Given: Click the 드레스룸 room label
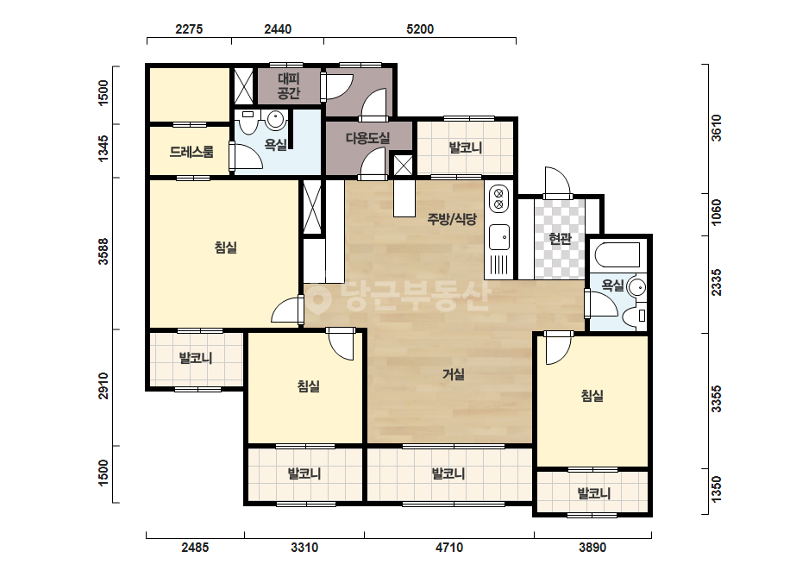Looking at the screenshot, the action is click(x=191, y=151).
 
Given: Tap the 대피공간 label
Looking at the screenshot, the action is click(x=289, y=86).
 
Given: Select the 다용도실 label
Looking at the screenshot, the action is click(x=367, y=138).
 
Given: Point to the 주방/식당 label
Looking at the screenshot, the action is click(x=452, y=219).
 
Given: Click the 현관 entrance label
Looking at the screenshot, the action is click(x=560, y=238).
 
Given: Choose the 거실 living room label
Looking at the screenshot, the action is click(x=454, y=374).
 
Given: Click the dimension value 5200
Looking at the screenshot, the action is click(x=420, y=29).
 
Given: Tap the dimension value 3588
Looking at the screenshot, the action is click(x=103, y=251).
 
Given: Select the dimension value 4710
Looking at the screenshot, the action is click(x=448, y=548).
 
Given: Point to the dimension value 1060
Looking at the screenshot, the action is click(x=716, y=212).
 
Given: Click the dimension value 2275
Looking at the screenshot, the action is click(x=189, y=29).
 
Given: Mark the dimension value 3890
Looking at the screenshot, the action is click(x=592, y=548).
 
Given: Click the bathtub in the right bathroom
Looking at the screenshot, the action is click(x=617, y=255).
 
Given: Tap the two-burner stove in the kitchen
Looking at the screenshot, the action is click(x=498, y=198).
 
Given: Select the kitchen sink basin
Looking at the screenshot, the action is click(x=499, y=237).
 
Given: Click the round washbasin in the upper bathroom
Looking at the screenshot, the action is click(x=274, y=121).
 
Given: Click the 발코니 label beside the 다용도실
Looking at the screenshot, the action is click(x=465, y=147).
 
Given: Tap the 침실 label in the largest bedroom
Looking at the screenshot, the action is click(x=226, y=248).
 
